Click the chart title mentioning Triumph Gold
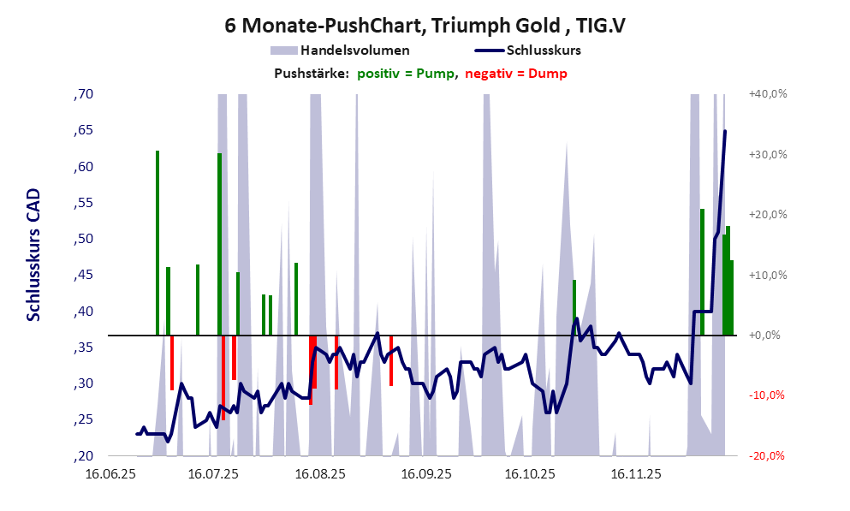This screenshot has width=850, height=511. (x=425, y=26)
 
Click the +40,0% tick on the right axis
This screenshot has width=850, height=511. (x=768, y=94)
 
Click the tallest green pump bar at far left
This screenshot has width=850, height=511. (x=158, y=240)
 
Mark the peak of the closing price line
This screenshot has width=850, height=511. (x=725, y=131)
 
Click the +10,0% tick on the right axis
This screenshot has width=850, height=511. (x=768, y=275)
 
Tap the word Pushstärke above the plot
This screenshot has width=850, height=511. (x=311, y=74)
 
